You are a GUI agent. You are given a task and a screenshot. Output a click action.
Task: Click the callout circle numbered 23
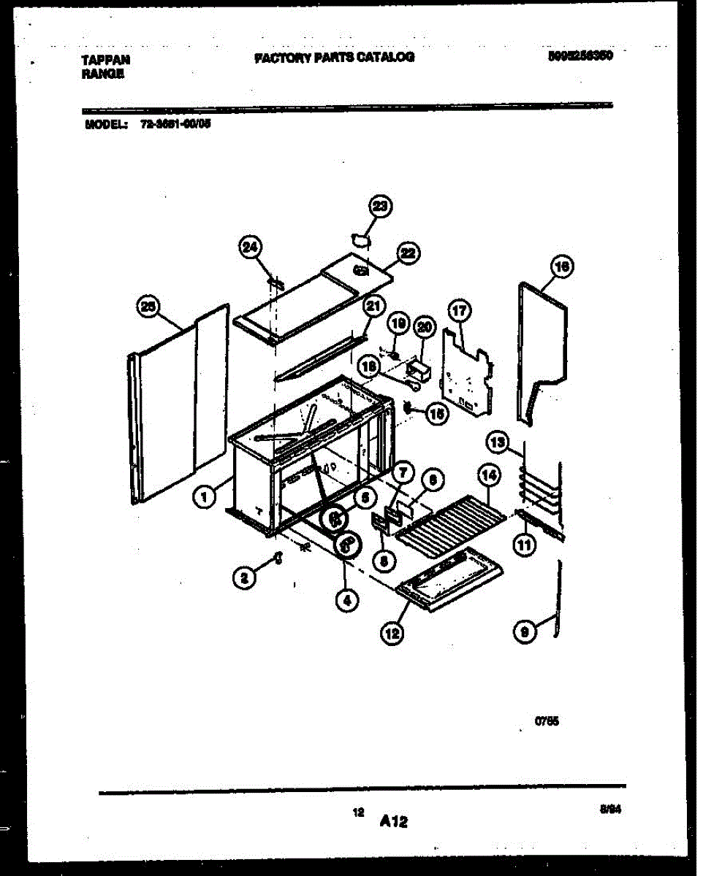point(379,207)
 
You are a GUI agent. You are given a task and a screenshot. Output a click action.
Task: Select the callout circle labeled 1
point(205,497)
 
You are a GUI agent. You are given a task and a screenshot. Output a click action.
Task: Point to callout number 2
point(245,579)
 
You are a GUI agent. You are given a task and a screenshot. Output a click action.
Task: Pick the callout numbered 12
point(392,634)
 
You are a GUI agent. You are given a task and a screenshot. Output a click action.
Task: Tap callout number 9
point(525,634)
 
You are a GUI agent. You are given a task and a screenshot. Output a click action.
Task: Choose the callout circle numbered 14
point(489,476)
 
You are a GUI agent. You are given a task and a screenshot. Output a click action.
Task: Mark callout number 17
point(459,312)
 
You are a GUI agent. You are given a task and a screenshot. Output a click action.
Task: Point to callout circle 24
point(250,248)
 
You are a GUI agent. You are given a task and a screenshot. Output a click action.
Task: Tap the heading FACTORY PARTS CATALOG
point(334,57)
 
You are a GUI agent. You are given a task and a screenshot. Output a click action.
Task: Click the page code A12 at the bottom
point(393,822)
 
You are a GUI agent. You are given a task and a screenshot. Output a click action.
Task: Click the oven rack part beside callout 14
point(450,520)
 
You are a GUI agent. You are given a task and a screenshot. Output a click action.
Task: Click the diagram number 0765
point(547,721)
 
